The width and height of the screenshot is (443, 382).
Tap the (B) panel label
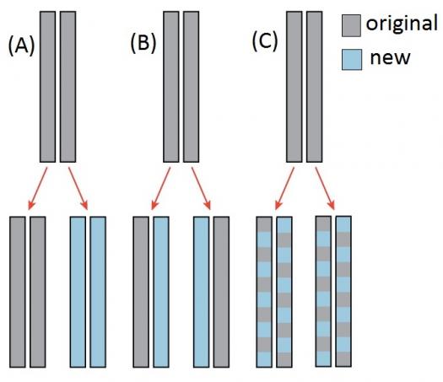(x=143, y=44)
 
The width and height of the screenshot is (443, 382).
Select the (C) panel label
(x=265, y=42)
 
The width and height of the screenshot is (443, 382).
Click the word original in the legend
(x=402, y=23)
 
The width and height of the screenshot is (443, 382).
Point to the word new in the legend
(x=390, y=58)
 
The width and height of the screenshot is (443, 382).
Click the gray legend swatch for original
(x=351, y=25)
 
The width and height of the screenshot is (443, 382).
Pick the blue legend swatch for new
(x=352, y=60)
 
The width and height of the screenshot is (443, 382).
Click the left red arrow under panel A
(x=38, y=188)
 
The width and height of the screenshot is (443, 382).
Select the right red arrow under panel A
(x=78, y=188)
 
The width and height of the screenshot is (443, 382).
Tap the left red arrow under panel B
(x=161, y=188)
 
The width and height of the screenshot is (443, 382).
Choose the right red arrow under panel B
(x=201, y=188)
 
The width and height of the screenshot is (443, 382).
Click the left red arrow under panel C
(x=284, y=188)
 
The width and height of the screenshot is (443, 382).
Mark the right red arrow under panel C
(x=325, y=188)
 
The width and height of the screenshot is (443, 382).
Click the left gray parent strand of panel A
(x=47, y=87)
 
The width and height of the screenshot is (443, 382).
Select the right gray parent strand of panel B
(x=191, y=87)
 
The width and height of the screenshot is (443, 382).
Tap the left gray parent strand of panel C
(x=294, y=87)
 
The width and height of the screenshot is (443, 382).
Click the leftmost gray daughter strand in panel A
(x=18, y=292)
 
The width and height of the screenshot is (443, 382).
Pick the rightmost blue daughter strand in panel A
(x=98, y=292)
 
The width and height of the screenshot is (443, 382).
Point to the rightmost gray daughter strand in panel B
(x=221, y=292)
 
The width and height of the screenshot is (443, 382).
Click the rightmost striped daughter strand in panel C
(x=343, y=292)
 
